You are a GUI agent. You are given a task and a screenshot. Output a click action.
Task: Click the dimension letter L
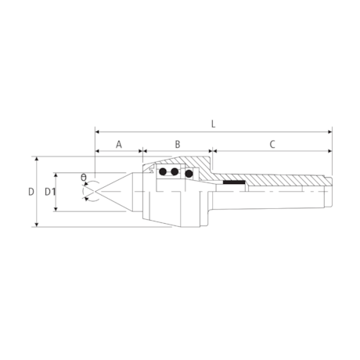pyautogui.click(x=213, y=124)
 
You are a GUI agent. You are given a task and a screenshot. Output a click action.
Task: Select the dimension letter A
pyautogui.click(x=119, y=144)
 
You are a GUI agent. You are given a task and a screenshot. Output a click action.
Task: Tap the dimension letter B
pyautogui.click(x=178, y=144)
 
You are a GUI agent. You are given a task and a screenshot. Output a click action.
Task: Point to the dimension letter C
pyautogui.click(x=272, y=144)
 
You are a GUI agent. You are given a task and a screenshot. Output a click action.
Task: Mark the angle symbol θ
pyautogui.click(x=83, y=178)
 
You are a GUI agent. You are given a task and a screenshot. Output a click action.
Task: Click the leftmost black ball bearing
pyautogui.click(x=163, y=172)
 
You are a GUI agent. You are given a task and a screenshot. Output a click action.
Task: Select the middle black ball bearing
pyautogui.click(x=174, y=172)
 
